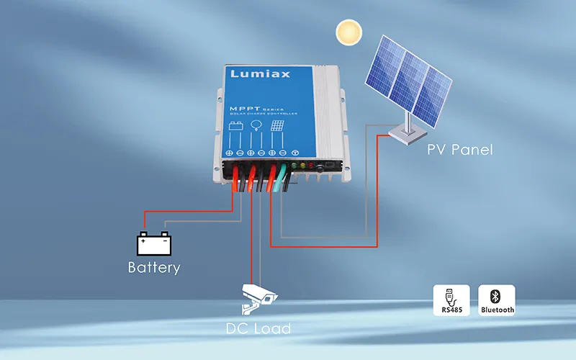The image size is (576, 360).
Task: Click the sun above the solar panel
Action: tap(350, 33)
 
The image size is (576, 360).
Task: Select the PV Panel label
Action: tap(459, 150)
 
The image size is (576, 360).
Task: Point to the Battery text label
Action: tap(153, 268)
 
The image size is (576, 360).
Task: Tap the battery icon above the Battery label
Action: tap(156, 243)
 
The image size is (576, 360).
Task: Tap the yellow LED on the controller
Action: tap(302, 166)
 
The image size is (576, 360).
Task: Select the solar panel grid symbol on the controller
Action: tap(276, 125)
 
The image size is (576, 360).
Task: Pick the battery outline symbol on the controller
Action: tap(236, 127)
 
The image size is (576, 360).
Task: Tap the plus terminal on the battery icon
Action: tap(143, 240)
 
